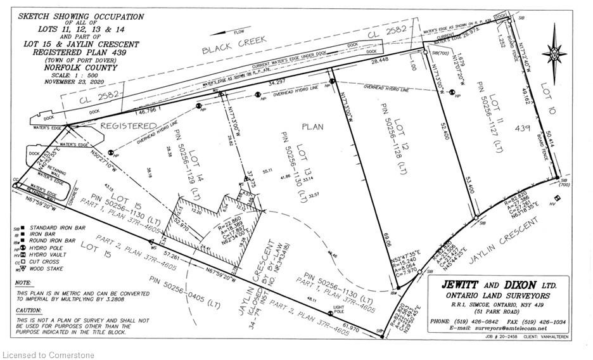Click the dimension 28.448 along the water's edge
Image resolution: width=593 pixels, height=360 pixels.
379,61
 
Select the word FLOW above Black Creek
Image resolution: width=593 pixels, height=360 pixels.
239,32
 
